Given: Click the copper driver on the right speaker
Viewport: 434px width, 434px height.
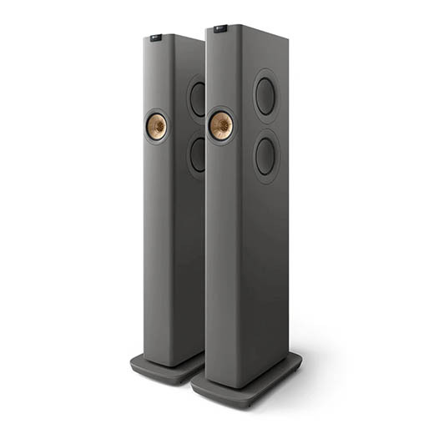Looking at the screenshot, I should click(221, 126).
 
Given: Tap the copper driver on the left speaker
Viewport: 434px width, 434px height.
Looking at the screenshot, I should click(156, 127).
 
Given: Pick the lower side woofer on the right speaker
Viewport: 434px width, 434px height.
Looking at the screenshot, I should click(265, 155).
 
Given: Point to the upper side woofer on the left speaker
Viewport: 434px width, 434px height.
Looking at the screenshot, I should click(197, 99).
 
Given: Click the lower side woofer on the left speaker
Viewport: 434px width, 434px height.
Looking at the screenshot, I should click(197, 154).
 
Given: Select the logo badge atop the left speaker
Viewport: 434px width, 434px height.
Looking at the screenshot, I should click(157, 36).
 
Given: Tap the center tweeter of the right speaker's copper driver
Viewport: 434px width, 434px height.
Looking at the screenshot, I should click(221, 126).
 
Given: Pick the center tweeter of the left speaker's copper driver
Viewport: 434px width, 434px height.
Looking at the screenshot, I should click(156, 127).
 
